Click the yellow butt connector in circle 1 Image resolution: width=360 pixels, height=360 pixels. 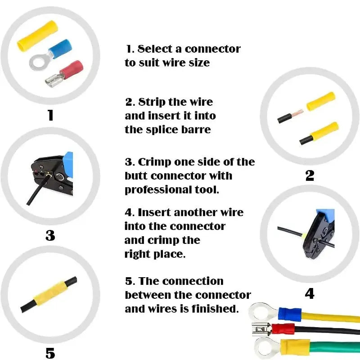38,36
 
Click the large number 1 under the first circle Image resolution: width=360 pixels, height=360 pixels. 51,115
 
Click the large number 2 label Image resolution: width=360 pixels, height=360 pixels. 310,175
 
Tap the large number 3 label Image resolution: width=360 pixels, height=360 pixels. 50,235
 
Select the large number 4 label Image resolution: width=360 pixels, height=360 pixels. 310,293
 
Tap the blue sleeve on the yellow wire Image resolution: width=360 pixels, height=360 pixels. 290,314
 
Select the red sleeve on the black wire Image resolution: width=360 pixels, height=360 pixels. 283,330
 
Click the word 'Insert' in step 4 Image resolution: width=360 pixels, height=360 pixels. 154,212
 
